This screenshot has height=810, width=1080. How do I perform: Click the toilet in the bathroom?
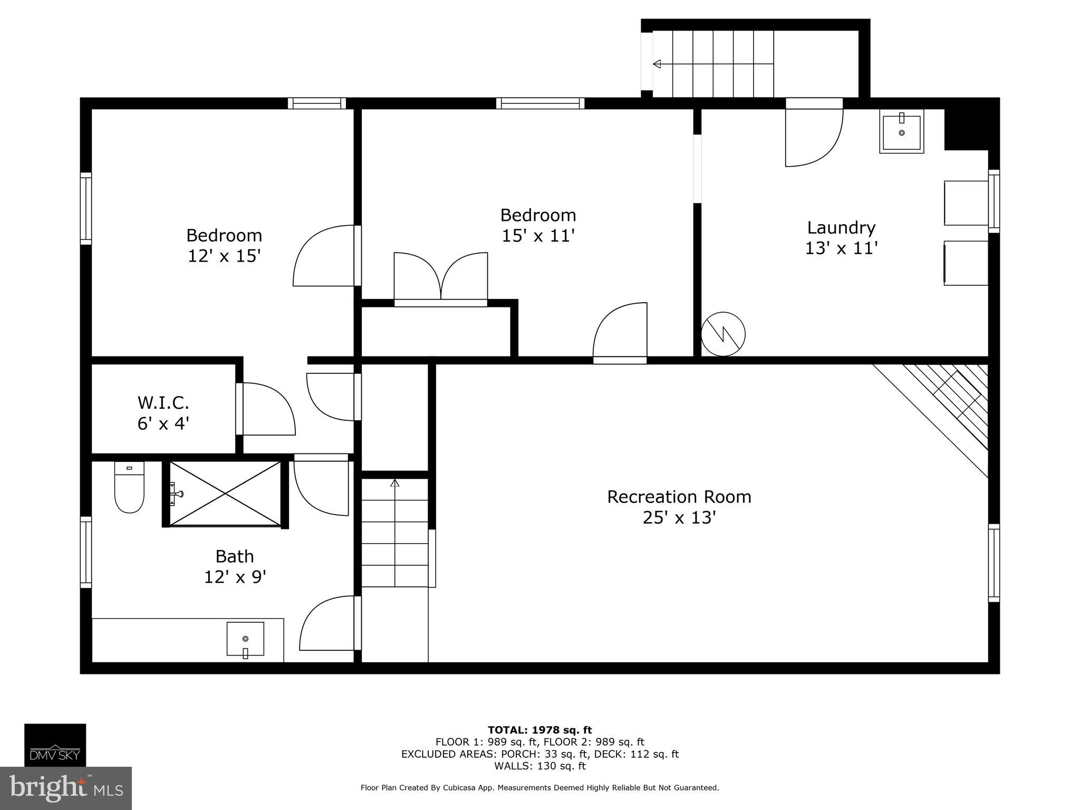click(x=129, y=488)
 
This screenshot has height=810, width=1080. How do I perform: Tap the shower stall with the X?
click(x=225, y=494)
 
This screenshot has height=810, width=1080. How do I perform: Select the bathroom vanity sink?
click(x=245, y=639)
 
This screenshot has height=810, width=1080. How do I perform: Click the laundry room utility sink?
click(x=901, y=131)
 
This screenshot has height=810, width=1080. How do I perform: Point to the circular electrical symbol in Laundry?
click(x=723, y=334)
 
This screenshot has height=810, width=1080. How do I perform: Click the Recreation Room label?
click(x=679, y=497)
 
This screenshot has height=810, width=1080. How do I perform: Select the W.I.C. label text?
click(x=163, y=403)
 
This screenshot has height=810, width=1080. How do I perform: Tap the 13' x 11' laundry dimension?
click(x=841, y=248)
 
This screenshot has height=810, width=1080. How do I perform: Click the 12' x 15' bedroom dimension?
click(x=224, y=256)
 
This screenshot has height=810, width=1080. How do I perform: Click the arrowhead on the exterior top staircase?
click(x=657, y=64)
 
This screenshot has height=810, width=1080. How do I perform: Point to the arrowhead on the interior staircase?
click(x=394, y=483)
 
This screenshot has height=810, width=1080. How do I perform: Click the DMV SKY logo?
click(x=55, y=745)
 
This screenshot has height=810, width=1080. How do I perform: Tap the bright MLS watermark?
click(x=65, y=788)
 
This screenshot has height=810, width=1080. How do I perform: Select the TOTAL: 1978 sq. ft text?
click(x=539, y=730)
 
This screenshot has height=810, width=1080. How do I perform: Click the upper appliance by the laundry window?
click(x=965, y=203)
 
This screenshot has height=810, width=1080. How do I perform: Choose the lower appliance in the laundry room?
click(x=965, y=263)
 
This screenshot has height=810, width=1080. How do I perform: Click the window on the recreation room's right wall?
click(x=994, y=563)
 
